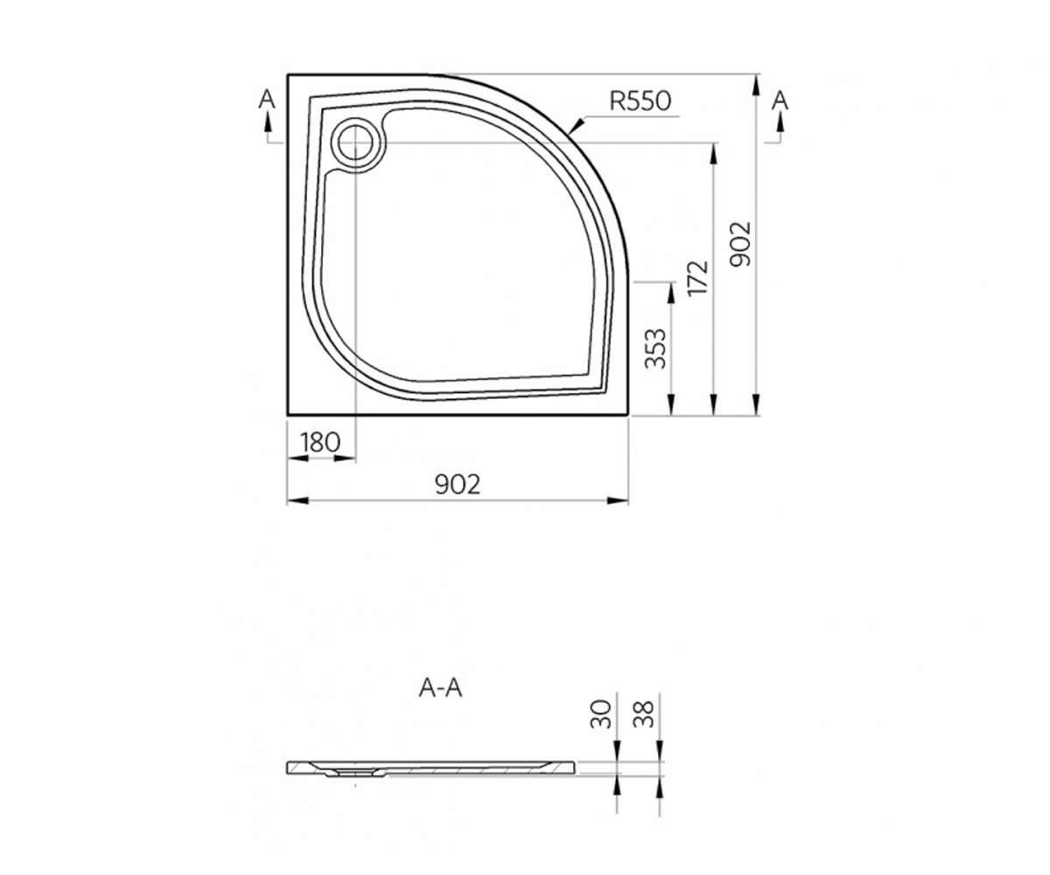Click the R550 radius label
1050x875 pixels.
pyautogui.click(x=640, y=101)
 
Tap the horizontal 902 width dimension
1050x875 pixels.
pyautogui.click(x=458, y=485)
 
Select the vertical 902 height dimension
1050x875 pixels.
pyautogui.click(x=741, y=244)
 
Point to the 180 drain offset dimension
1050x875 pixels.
pyautogui.click(x=320, y=443)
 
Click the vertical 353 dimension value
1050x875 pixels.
pyautogui.click(x=656, y=348)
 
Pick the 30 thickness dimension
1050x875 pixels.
pyautogui.click(x=601, y=715)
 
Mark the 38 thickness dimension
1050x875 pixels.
pyautogui.click(x=644, y=714)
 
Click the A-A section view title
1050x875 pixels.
pyautogui.click(x=440, y=689)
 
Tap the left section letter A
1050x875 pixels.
pyautogui.click(x=267, y=100)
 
